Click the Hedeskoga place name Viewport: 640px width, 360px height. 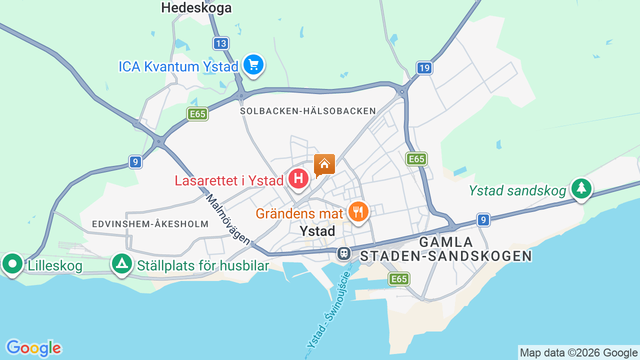[196, 7]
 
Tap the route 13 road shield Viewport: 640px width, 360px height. [220, 43]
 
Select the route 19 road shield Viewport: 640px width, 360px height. [424, 68]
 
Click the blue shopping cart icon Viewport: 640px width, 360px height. [253, 64]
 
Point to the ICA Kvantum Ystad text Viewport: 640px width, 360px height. [178, 66]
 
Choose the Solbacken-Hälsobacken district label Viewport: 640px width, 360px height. [308, 111]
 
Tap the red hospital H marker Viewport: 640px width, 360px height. [298, 179]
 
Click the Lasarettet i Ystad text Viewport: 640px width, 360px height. [229, 180]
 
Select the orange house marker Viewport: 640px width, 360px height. [324, 164]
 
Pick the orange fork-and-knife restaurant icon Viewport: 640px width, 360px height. [358, 211]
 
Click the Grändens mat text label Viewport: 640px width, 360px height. [299, 213]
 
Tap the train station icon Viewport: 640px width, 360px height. [344, 253]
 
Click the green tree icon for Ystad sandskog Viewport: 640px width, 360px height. [581, 188]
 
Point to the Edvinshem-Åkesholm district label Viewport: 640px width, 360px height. [150, 224]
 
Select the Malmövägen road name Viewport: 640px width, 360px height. [228, 219]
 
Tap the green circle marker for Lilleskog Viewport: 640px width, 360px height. [12, 263]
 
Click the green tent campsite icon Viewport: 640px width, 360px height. [121, 263]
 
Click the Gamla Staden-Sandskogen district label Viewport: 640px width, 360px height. [446, 249]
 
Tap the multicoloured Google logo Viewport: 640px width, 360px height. [33, 348]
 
